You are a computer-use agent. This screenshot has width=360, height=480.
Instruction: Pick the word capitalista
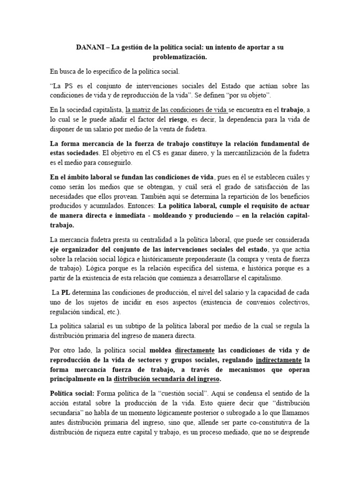103,110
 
